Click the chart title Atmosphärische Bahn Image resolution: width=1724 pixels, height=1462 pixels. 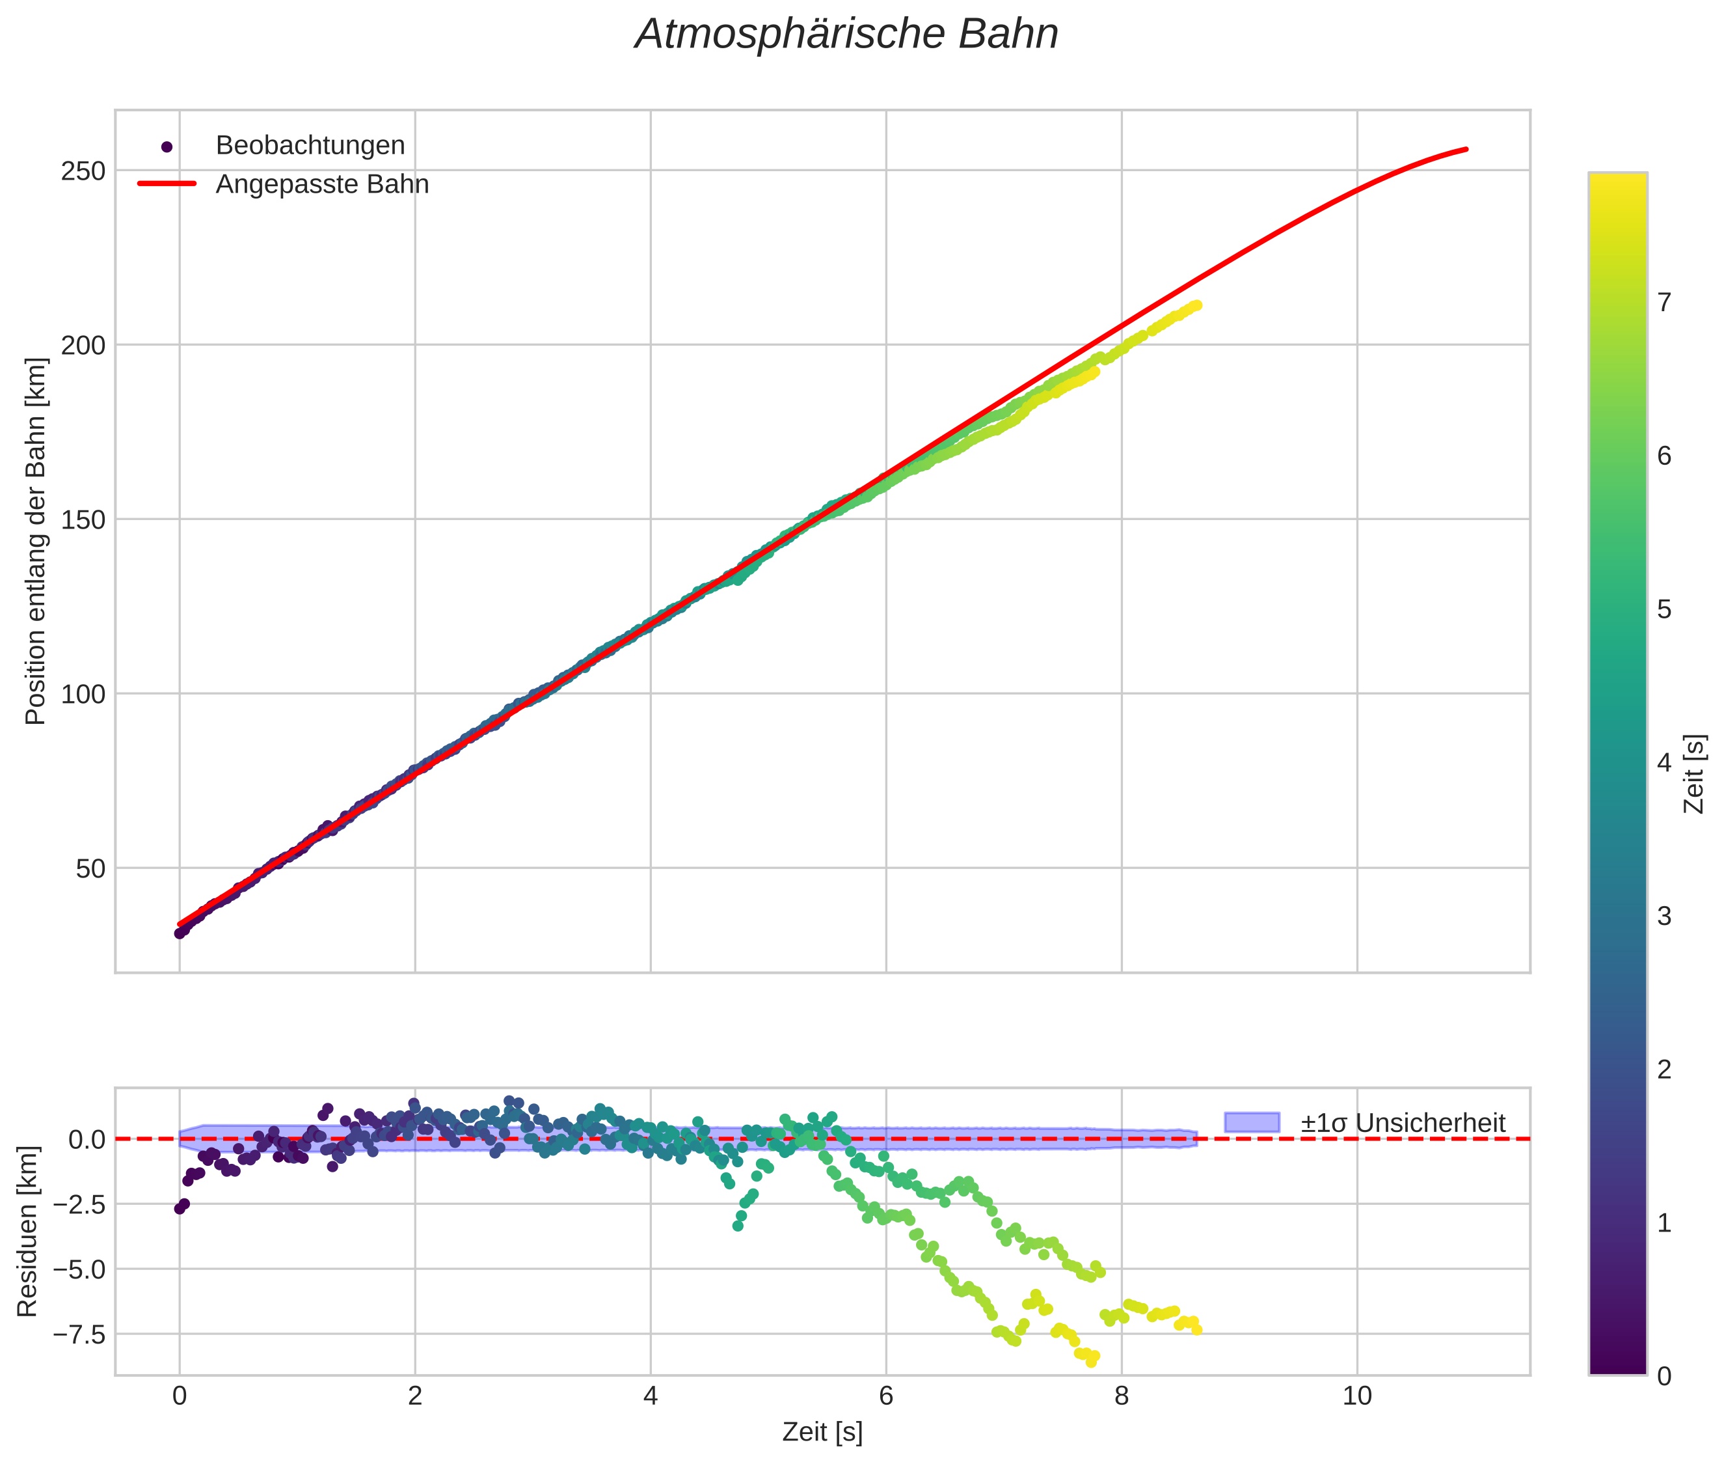coord(846,34)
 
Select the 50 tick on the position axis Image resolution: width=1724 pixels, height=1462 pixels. coord(90,868)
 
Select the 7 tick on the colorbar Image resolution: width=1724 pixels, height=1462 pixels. coord(1663,303)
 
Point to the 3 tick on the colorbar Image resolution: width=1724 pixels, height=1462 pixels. coord(1663,917)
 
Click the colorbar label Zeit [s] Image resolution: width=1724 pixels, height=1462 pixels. coord(1695,774)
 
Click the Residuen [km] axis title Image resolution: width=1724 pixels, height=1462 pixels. coord(27,1232)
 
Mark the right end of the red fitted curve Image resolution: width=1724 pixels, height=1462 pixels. coord(1466,149)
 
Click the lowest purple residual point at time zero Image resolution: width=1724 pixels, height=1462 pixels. coord(180,1208)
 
